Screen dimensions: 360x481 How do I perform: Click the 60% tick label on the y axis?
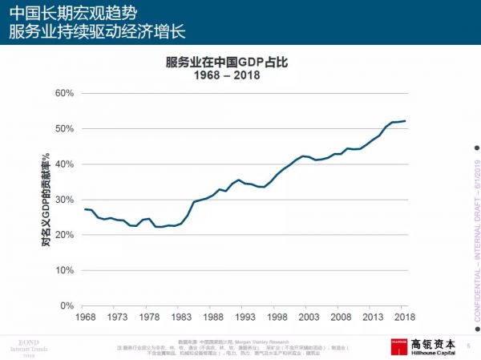click(64, 93)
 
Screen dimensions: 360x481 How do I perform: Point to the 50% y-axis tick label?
click(64, 128)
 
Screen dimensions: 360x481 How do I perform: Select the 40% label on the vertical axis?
click(64, 164)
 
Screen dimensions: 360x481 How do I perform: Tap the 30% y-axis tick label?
click(64, 200)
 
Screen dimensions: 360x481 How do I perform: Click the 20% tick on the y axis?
click(64, 235)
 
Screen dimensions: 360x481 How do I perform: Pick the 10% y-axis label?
click(64, 270)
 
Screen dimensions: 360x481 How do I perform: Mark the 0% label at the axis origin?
click(67, 305)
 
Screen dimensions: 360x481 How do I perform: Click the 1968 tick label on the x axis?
click(85, 318)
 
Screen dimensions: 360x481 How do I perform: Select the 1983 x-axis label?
click(182, 318)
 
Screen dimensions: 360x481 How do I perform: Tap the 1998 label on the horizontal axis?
click(277, 318)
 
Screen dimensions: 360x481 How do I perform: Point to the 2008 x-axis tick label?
click(342, 318)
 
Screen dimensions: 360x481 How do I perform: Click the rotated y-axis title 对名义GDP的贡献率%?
click(46, 200)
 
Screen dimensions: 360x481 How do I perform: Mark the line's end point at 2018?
click(406, 121)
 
